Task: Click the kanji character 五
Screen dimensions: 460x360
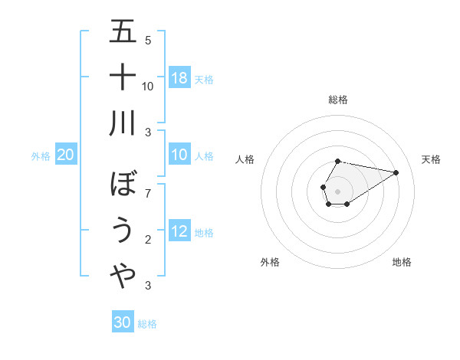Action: (123, 32)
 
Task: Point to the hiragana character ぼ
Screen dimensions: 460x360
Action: (123, 185)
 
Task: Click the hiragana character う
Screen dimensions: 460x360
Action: (123, 231)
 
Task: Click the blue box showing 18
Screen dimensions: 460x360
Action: (179, 78)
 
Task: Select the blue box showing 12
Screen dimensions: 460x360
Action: (179, 232)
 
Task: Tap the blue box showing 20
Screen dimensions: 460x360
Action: (65, 155)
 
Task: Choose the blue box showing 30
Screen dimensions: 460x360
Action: (123, 322)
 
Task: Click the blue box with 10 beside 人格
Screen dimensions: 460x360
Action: (179, 155)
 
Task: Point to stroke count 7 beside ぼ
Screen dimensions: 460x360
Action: (148, 194)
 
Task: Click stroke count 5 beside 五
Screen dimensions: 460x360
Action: (148, 41)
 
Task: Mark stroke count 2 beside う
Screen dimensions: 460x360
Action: (148, 240)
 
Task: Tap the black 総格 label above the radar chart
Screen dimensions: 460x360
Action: (337, 100)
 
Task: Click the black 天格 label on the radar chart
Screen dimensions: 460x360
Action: (431, 159)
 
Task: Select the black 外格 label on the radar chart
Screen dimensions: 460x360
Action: (270, 262)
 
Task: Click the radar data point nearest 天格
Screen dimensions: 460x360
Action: (396, 172)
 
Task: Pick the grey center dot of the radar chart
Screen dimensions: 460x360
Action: (337, 190)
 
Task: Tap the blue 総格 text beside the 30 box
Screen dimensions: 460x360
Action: (147, 324)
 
